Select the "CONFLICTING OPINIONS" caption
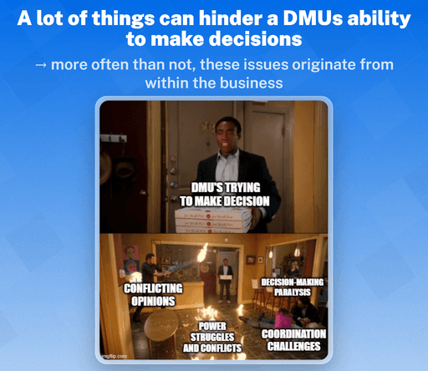click(153, 294)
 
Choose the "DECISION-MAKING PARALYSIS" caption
click(292, 287)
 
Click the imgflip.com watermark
click(115, 355)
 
